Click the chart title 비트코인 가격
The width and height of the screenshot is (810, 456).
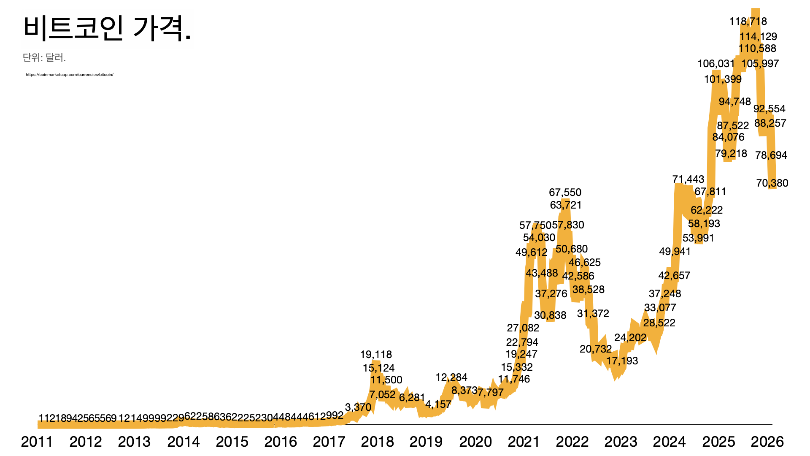click(x=107, y=28)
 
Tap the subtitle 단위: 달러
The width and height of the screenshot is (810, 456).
click(x=44, y=57)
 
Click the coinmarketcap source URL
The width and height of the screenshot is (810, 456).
click(x=70, y=75)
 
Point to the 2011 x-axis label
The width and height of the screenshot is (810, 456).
click(x=37, y=442)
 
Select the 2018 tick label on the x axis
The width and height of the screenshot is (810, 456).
click(x=377, y=442)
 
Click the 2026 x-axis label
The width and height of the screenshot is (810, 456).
click(x=767, y=442)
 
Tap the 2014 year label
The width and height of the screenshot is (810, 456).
click(x=184, y=442)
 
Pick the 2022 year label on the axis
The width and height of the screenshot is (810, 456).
click(x=572, y=442)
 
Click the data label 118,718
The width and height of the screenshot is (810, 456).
click(x=748, y=21)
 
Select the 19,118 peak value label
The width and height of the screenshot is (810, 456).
click(x=376, y=354)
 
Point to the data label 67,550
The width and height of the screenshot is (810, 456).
click(x=565, y=192)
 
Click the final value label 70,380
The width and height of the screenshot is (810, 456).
click(x=772, y=183)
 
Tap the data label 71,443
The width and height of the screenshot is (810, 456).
click(x=688, y=179)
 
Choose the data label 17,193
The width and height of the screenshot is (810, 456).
click(x=622, y=361)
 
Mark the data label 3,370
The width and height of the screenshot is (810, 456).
click(x=358, y=407)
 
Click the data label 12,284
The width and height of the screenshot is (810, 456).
click(x=451, y=377)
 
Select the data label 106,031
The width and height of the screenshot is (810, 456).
click(x=716, y=63)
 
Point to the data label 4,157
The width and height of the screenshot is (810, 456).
click(x=438, y=404)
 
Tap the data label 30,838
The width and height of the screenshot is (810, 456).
click(x=550, y=315)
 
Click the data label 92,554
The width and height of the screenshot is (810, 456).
click(x=769, y=109)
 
